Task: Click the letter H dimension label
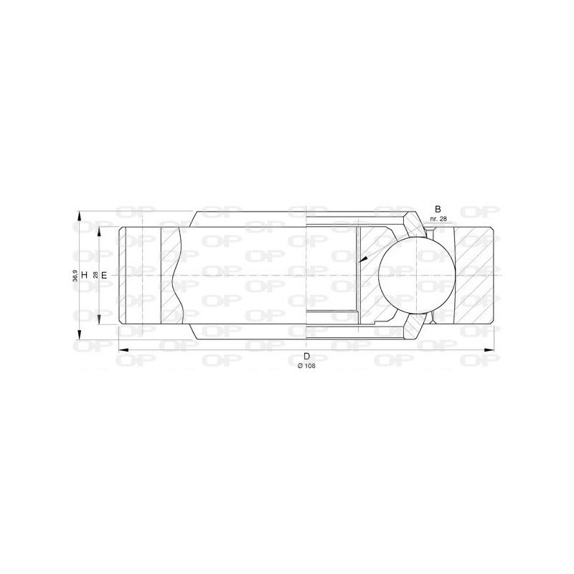click(84, 275)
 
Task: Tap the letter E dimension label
click(104, 275)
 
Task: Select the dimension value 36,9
click(75, 275)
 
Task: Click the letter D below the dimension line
click(306, 357)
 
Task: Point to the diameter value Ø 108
click(306, 366)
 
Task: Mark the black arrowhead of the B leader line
click(364, 259)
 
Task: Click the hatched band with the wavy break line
click(171, 276)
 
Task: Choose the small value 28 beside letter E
click(95, 275)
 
